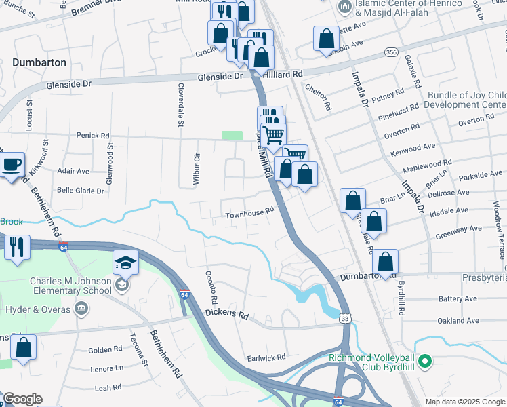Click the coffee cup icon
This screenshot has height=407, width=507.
[10, 165]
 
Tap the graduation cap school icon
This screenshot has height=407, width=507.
[125, 262]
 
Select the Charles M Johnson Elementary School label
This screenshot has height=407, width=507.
[70, 286]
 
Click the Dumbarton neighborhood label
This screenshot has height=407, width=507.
[39, 62]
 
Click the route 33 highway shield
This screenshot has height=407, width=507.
[346, 317]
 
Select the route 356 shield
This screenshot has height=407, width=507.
[390, 52]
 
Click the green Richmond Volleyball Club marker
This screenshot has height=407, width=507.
[426, 361]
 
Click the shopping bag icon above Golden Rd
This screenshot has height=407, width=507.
[24, 347]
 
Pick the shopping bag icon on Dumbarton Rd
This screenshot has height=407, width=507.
[385, 262]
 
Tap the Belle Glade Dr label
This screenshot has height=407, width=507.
[81, 191]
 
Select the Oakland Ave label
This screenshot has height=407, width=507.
[459, 321]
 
